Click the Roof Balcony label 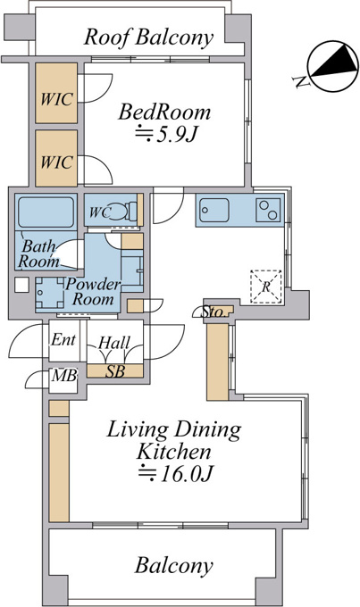point(148,37)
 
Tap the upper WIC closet point(56,94)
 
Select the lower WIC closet point(56,158)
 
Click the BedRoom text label point(164,112)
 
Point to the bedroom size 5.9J point(167,135)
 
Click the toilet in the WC point(123,212)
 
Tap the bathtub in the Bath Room point(46,212)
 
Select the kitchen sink point(213,210)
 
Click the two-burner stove point(268,210)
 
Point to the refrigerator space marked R point(266,287)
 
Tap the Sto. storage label point(213,312)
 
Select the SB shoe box point(115,370)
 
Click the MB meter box point(64,375)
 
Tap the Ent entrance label point(63,340)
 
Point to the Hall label point(114,343)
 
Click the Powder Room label point(93,292)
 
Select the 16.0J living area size point(176,473)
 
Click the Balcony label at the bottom point(174,565)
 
